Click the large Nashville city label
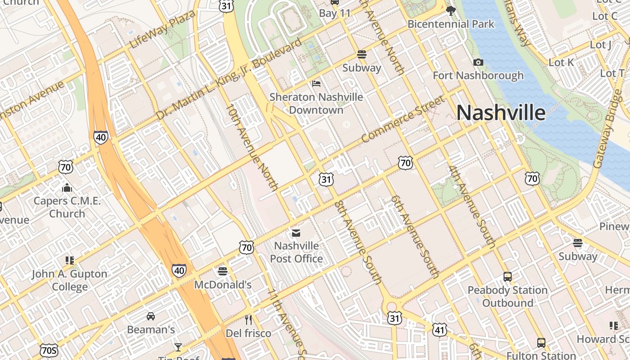coord(501,112)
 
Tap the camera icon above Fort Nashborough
coord(478,62)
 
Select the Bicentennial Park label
coord(451,24)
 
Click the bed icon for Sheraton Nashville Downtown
coord(316,84)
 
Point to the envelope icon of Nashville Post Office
coord(296,233)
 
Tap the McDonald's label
coord(223,284)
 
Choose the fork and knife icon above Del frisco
coord(248,320)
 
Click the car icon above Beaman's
coord(151,316)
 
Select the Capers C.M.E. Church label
coord(67,207)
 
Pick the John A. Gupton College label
coord(69,280)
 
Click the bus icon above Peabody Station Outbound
coord(508,277)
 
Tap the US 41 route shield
coord(439,330)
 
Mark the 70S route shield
coord(49,351)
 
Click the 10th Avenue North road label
coord(252,147)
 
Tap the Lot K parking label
coord(561,63)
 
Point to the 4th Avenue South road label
coord(471,207)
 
